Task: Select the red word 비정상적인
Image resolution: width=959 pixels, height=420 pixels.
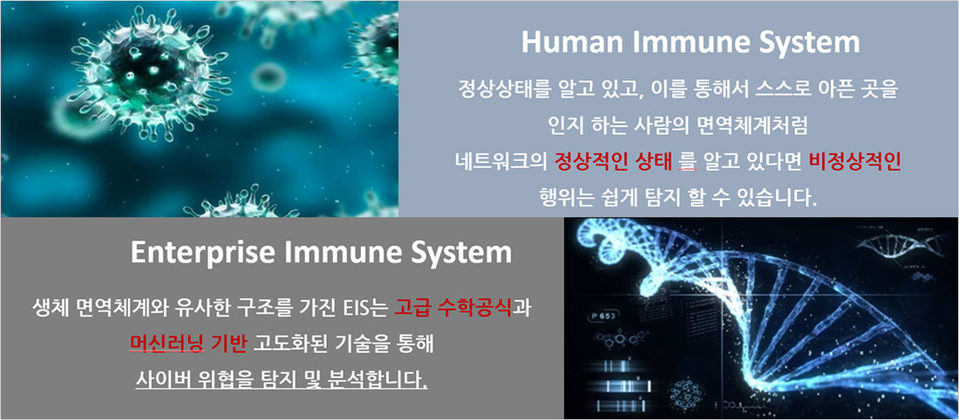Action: pos(854,162)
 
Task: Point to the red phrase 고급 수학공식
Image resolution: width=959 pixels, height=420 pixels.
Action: pos(453,308)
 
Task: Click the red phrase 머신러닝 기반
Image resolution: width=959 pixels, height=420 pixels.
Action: pos(188,343)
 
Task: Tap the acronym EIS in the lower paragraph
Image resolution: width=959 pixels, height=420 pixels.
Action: pos(356,308)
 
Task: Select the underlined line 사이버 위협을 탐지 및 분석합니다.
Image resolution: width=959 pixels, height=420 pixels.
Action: pos(282,380)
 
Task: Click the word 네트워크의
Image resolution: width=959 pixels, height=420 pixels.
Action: pos(501,162)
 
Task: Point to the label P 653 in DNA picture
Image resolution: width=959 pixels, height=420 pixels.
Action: pos(606,316)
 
